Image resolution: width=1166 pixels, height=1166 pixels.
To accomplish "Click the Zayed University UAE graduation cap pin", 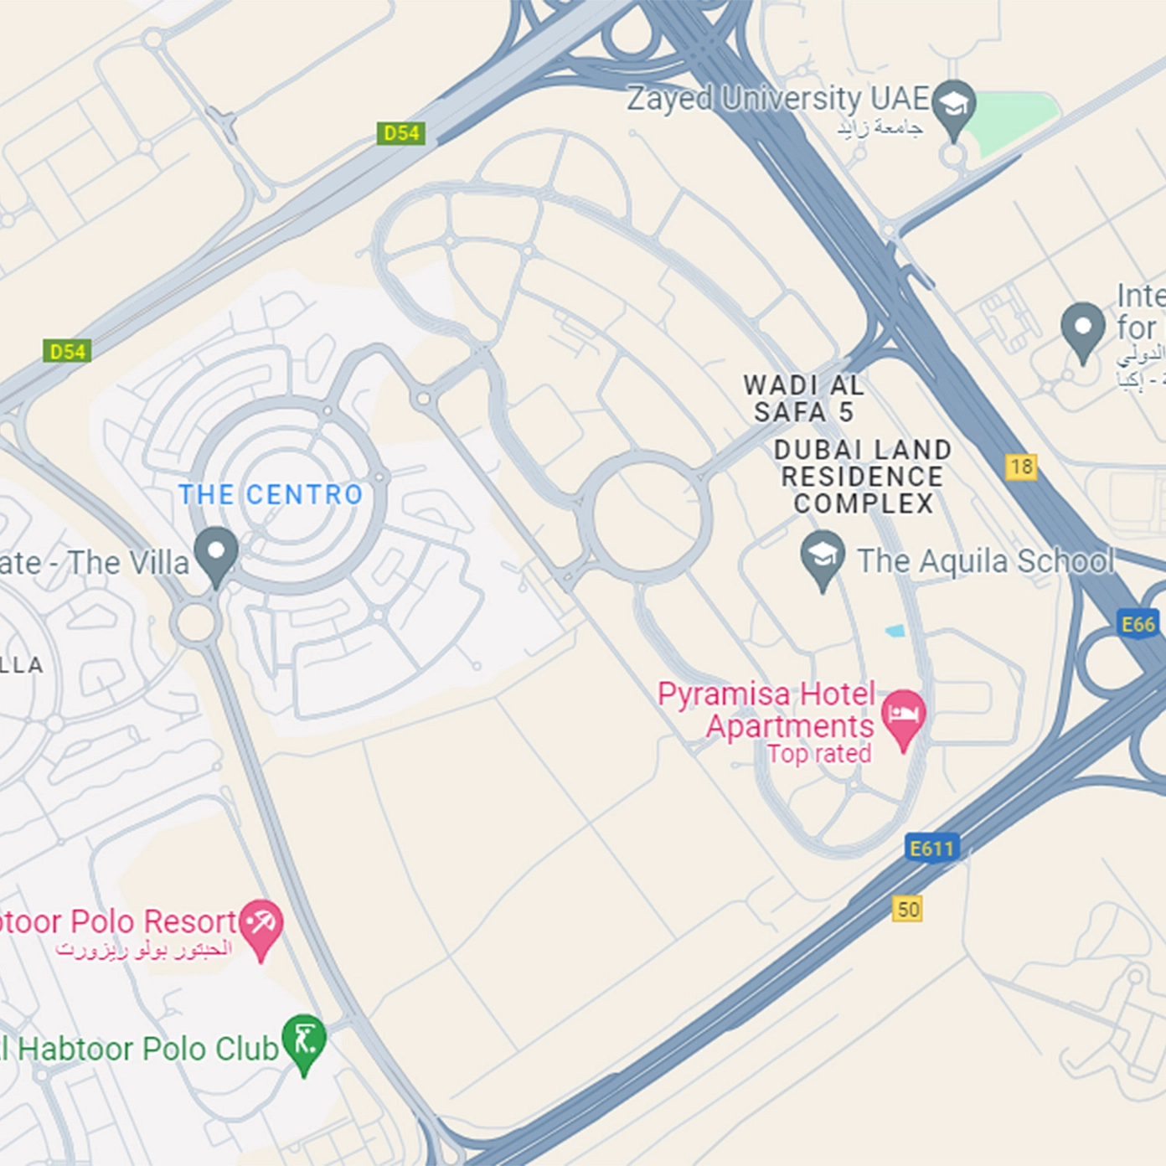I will (953, 106).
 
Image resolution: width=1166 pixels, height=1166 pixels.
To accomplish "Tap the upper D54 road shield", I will (401, 133).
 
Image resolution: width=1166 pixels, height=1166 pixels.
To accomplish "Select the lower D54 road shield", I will (67, 351).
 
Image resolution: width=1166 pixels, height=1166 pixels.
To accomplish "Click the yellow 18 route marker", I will (1021, 467).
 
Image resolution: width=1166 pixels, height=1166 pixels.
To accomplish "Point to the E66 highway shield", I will (1138, 624).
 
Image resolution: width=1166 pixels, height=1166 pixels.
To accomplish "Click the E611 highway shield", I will (931, 849).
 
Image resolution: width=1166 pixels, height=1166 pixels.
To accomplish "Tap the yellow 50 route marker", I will (908, 909).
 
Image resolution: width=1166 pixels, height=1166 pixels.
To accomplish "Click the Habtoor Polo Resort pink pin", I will (261, 925).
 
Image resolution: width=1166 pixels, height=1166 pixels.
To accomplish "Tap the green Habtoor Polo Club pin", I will (304, 1040).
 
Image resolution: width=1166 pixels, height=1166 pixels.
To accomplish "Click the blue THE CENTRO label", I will (271, 495).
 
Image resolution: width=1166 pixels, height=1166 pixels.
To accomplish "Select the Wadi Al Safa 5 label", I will (803, 399).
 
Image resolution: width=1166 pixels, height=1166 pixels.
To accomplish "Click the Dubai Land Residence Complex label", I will (863, 477).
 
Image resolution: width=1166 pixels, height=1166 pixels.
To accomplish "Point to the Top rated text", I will (819, 754).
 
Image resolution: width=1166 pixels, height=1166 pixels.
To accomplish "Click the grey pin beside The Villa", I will (216, 553).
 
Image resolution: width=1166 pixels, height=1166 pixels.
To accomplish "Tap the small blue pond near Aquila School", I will (895, 631).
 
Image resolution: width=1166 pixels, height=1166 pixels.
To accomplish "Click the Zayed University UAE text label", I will (778, 99).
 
